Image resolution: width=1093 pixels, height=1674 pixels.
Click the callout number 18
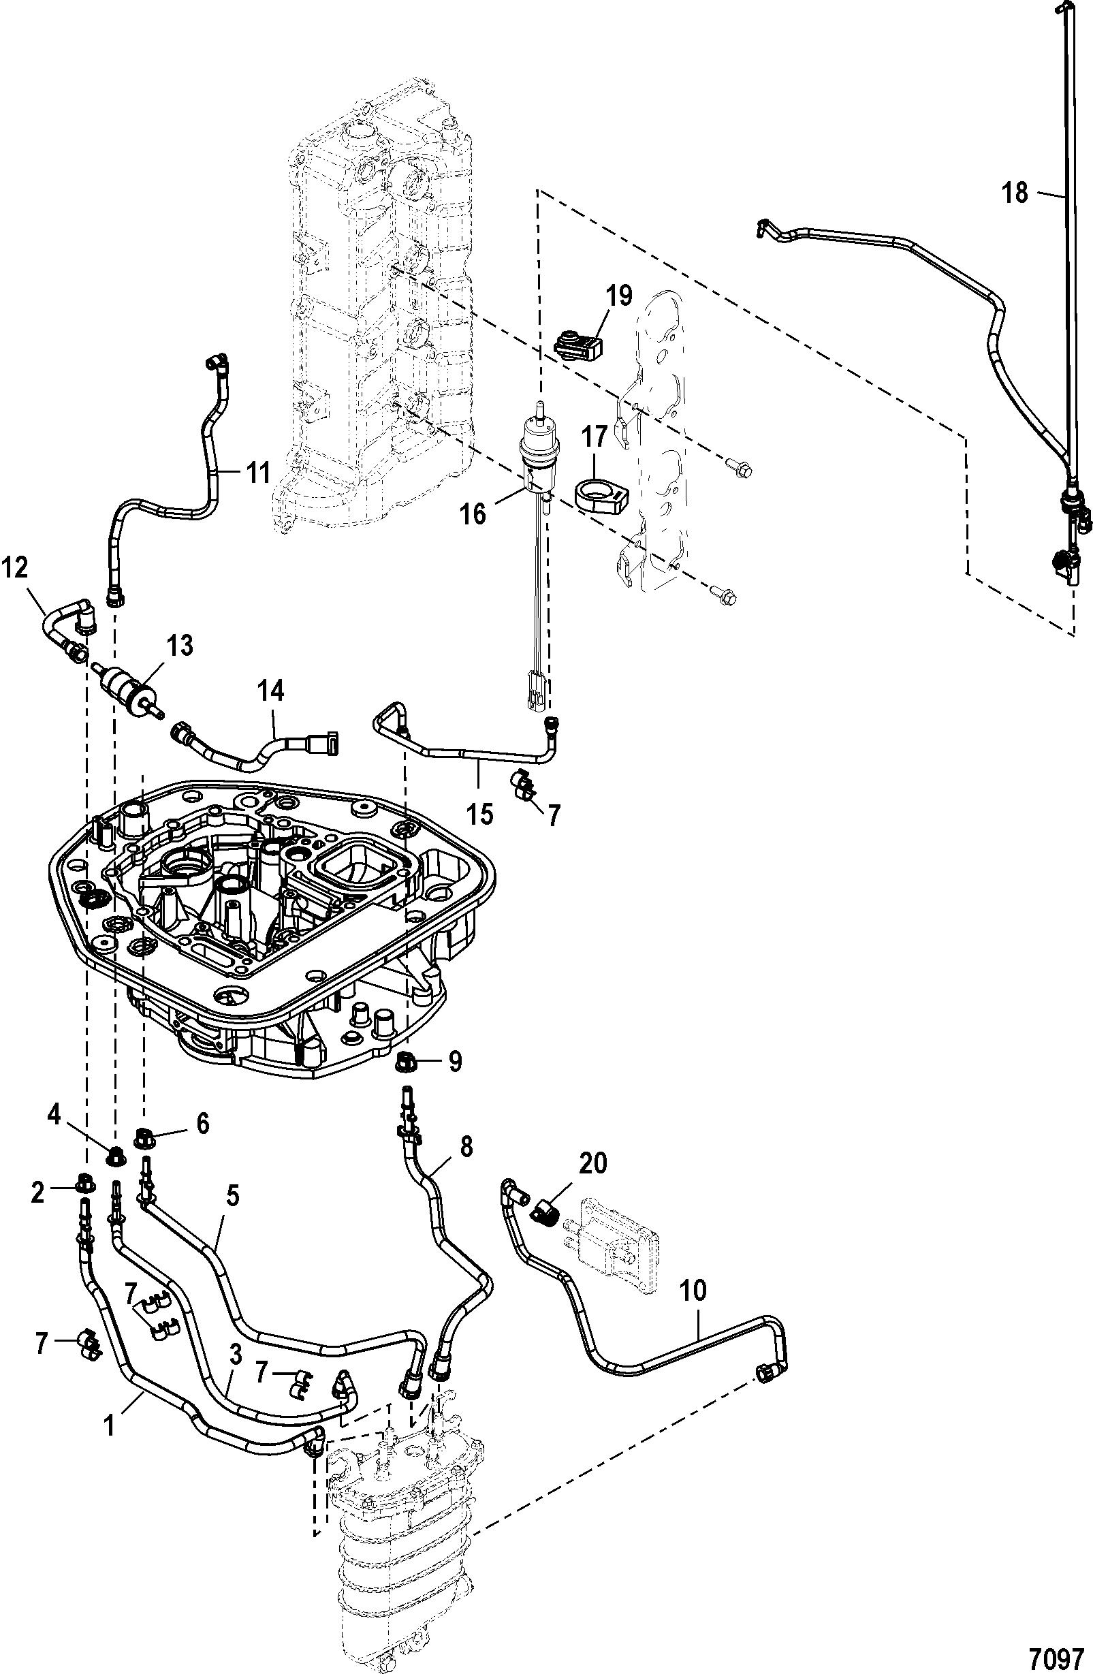tap(1015, 192)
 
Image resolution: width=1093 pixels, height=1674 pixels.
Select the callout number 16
tap(473, 514)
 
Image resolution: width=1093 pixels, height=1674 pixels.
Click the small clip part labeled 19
tap(579, 344)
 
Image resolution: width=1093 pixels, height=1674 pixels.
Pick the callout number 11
tap(257, 474)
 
